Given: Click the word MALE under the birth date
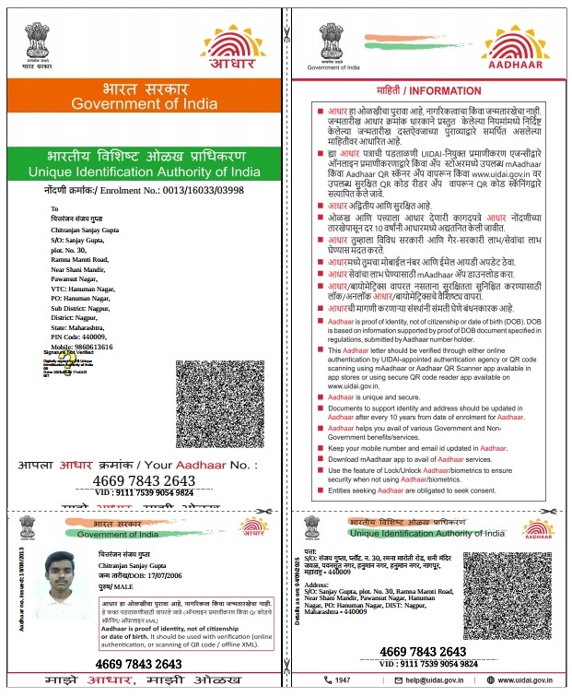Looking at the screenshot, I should click(x=125, y=585).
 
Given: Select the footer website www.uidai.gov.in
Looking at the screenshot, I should click(x=523, y=679).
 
